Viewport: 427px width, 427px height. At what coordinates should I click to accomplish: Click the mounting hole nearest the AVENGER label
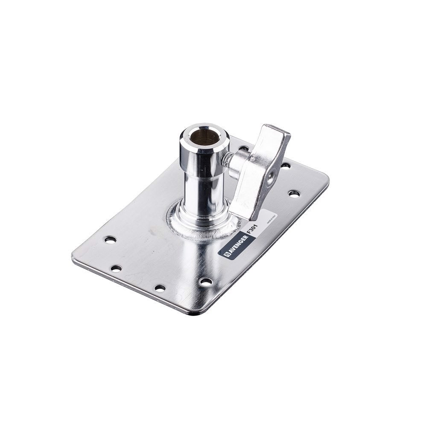pos(206,282)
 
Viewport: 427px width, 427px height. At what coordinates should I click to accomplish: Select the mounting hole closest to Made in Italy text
pos(294,193)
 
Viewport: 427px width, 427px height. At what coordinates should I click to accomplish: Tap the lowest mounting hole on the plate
pos(160,288)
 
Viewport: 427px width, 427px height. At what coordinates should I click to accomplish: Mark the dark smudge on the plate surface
pos(153,232)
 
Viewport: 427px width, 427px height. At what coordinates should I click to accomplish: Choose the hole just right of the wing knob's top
pos(285,165)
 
